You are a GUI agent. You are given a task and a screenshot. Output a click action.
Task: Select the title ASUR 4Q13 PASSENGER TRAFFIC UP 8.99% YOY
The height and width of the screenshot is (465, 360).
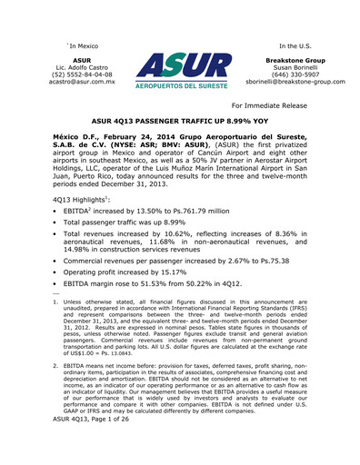[x=179, y=119]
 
